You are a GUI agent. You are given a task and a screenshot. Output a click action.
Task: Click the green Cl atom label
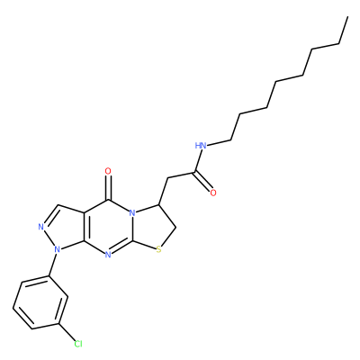coord(78,344)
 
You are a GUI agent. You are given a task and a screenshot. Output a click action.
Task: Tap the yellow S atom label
coord(158,249)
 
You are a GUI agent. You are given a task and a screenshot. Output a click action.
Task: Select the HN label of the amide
coord(201,146)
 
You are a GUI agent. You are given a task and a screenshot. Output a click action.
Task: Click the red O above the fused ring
coord(108,172)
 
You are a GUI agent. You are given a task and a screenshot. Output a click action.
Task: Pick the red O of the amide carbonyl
coord(213,193)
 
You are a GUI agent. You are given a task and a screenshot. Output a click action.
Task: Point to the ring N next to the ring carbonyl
coord(132,214)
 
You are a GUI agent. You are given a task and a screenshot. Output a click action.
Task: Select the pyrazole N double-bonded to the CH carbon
coord(41,227)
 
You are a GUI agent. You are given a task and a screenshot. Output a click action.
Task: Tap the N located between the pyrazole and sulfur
coord(108,255)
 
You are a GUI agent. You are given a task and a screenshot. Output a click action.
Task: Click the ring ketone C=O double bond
coord(108,188)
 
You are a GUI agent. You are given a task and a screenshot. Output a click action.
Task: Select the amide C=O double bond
coord(203,181)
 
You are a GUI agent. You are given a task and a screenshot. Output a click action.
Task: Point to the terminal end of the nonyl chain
coord(347,17)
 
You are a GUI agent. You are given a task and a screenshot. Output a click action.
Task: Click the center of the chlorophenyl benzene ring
coord(40,302)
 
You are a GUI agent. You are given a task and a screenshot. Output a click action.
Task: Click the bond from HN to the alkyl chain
coord(220,143)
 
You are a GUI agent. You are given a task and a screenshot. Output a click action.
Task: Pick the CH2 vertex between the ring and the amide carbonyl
coord(167,178)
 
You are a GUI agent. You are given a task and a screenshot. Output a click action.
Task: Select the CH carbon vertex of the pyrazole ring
coord(58,205)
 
